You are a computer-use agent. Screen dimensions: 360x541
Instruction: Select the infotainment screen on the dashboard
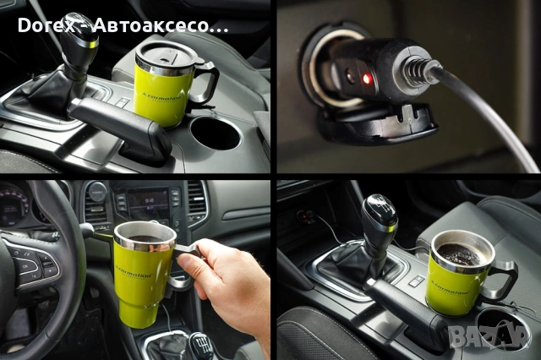click(147, 204)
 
